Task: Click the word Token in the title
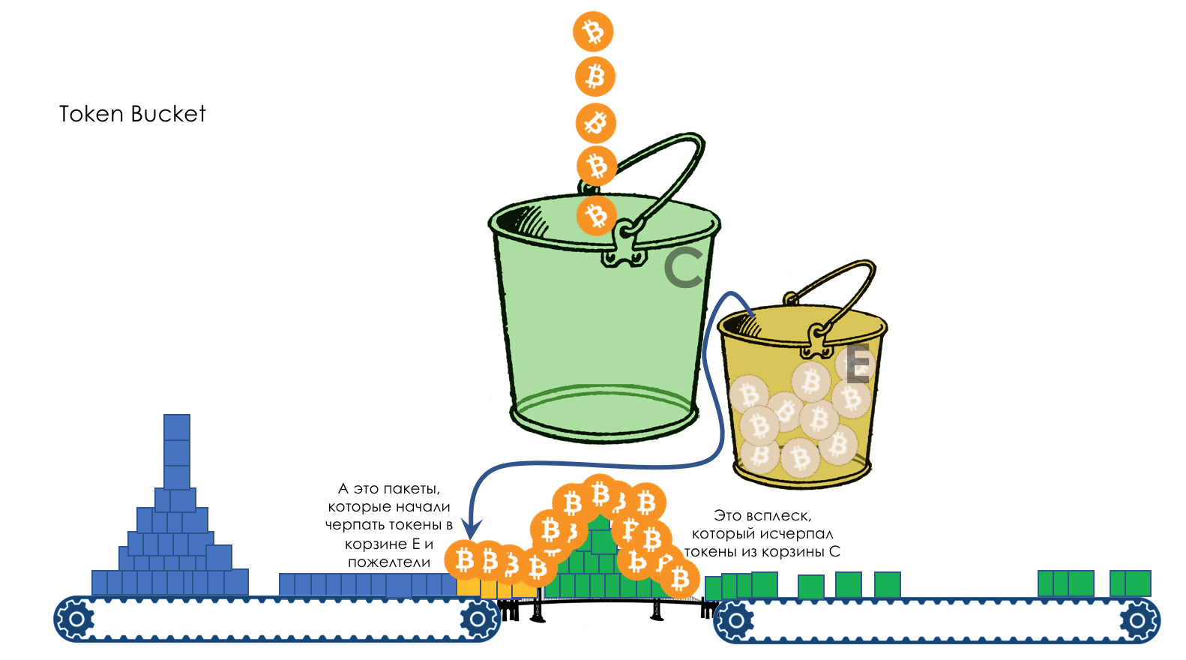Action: click(x=91, y=114)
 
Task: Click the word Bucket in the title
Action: click(x=168, y=114)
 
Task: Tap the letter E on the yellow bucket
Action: click(x=858, y=364)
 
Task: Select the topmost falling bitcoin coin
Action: click(x=593, y=31)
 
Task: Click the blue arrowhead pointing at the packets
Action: click(x=471, y=529)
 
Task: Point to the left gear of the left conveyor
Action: click(x=76, y=619)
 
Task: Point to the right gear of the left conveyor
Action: click(x=478, y=619)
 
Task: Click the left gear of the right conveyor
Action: click(x=735, y=620)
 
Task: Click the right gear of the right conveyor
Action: click(x=1137, y=620)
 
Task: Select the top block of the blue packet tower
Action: click(x=177, y=427)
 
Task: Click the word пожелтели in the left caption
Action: click(x=389, y=562)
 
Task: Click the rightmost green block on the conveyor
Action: click(x=1138, y=583)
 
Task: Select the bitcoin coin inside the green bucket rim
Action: click(x=597, y=216)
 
